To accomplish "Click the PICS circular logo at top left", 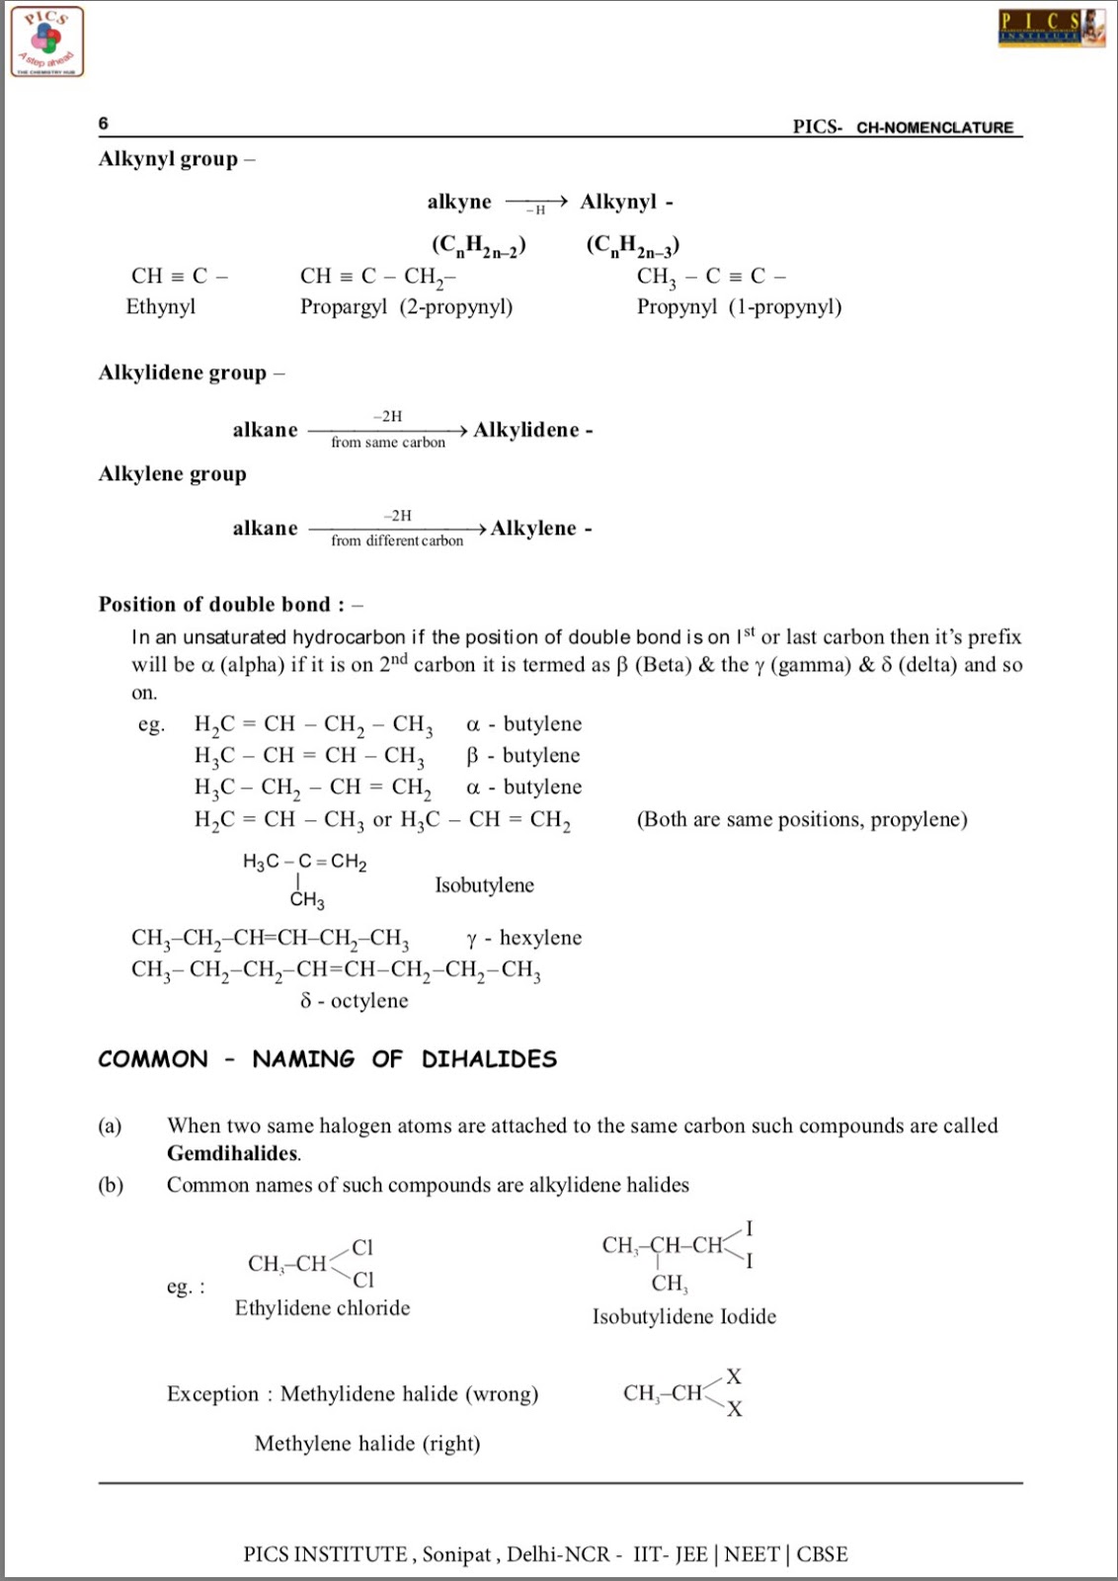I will pos(47,42).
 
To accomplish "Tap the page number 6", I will pos(104,124).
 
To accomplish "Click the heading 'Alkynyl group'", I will pos(168,159).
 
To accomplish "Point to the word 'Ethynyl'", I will pos(160,306).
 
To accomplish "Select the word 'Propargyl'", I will pos(344,306).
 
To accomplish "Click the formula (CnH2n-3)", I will pos(632,245).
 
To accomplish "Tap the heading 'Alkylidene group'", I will pos(183,373).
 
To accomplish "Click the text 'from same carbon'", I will pos(388,443).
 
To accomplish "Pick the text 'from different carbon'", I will pos(397,541).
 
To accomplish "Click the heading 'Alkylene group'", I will pos(173,474).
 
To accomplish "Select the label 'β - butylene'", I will pos(523,756).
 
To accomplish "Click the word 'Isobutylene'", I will pos(484,885).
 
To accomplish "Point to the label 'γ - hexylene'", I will pos(524,938).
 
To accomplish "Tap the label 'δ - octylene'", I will pos(355,1001).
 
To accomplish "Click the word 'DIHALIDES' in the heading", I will pos(489,1059).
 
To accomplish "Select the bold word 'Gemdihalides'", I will pos(233,1153).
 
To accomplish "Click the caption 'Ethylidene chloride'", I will pos(322,1308).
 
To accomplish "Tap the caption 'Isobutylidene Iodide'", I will pos(684,1316).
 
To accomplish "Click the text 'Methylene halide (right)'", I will pos(367,1444).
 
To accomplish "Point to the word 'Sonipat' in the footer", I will pos(456,1554).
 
